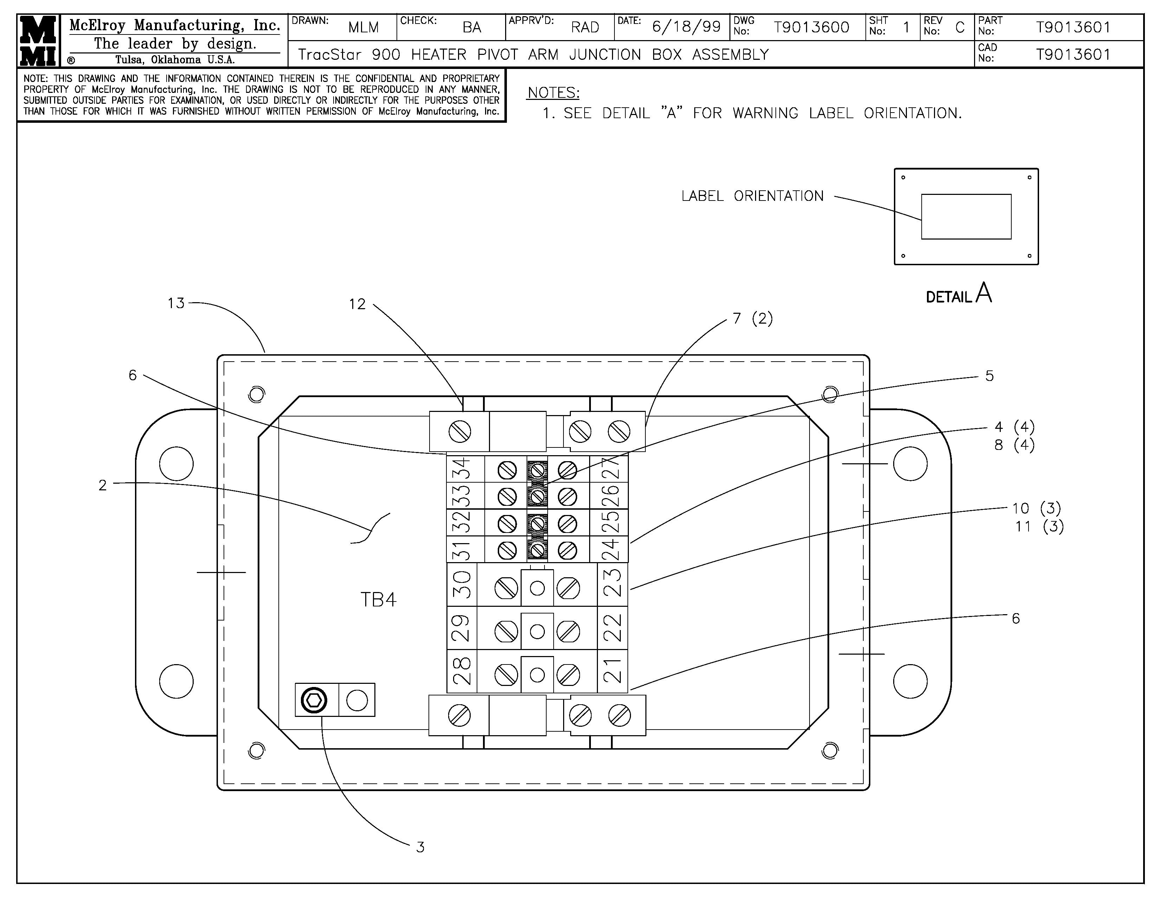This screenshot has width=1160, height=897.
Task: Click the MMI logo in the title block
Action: coord(38,41)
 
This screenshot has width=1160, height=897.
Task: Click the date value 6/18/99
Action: coord(686,27)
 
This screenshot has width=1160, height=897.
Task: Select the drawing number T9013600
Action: coord(811,27)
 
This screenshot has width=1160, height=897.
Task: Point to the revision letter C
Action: coord(959,27)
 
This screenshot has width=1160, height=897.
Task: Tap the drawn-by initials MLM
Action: coord(363,27)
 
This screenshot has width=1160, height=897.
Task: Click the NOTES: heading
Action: coord(553,93)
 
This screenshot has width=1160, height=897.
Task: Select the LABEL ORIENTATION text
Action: coord(752,196)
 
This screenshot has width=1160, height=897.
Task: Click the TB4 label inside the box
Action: coord(378,599)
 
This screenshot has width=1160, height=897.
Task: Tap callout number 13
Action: coord(176,304)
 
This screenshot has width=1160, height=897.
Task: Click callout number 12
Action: coord(357,305)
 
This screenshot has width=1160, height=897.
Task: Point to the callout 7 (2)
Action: coord(753,318)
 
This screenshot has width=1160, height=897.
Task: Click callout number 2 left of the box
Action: coord(103,485)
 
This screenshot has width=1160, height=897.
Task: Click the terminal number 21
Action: coord(612,670)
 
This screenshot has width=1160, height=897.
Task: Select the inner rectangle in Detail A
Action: coord(966,217)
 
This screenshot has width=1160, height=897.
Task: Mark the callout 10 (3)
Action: coord(1036,509)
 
